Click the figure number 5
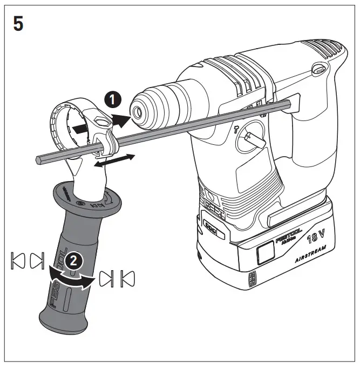[x=18, y=24]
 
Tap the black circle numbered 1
[x=113, y=99]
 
